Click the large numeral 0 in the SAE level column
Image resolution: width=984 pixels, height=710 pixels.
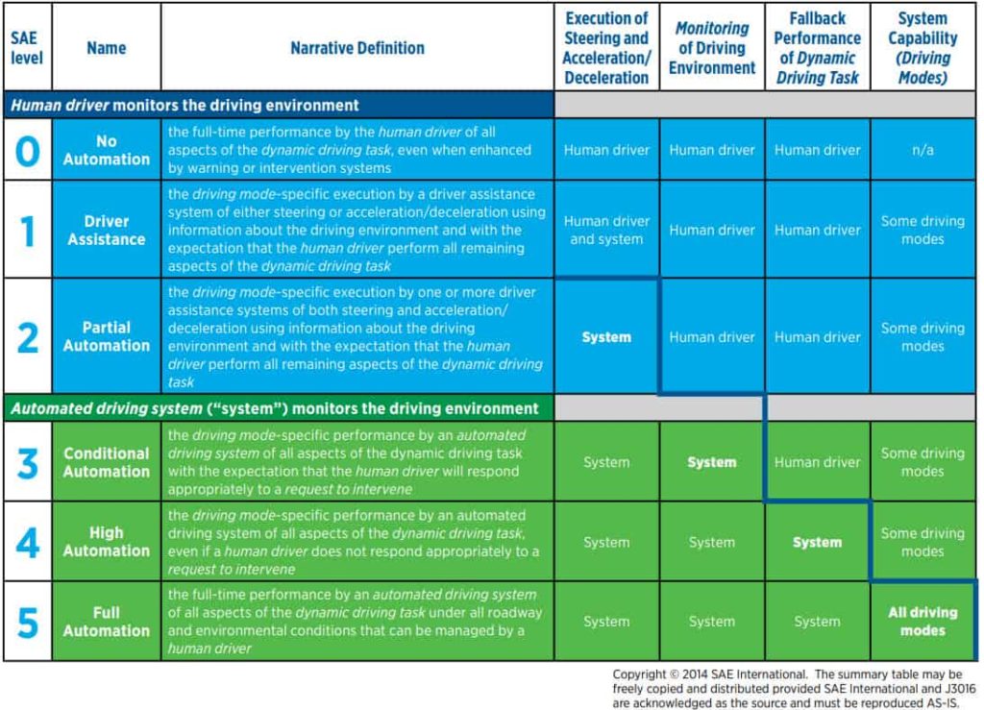(x=28, y=150)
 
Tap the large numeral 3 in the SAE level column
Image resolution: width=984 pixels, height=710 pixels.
(x=28, y=462)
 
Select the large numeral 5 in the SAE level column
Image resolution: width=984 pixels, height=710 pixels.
(x=28, y=622)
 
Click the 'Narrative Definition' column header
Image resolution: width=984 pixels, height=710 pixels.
(x=357, y=47)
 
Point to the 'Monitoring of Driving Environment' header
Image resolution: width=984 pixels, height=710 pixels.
(x=712, y=47)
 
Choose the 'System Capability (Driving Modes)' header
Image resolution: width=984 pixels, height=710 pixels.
(x=922, y=47)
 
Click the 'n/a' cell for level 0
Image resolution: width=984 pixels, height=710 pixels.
(x=922, y=150)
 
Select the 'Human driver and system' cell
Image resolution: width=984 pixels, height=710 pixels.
(x=606, y=231)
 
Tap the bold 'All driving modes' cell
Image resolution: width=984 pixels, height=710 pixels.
(x=922, y=622)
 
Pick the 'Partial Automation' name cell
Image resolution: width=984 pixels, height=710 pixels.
(x=107, y=336)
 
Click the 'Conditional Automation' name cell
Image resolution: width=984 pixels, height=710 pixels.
(x=107, y=462)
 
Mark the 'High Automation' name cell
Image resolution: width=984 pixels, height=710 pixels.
(x=107, y=542)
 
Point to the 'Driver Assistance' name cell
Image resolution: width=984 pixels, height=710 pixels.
(x=107, y=231)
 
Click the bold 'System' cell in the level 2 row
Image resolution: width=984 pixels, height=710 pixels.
(x=606, y=337)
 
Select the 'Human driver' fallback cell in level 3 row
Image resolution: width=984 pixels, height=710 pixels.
(x=817, y=462)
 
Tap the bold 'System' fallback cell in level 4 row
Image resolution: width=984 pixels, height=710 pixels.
(x=817, y=543)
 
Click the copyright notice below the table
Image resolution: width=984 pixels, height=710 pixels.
(x=788, y=688)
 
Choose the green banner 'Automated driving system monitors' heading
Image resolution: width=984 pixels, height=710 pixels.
(x=275, y=408)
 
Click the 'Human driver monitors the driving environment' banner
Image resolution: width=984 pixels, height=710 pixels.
(x=184, y=105)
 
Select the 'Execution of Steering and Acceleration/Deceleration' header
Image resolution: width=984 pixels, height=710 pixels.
(x=606, y=47)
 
